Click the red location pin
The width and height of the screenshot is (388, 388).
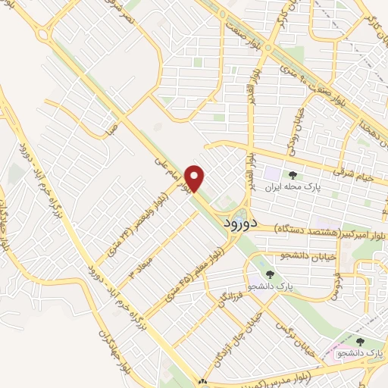[196, 179]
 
